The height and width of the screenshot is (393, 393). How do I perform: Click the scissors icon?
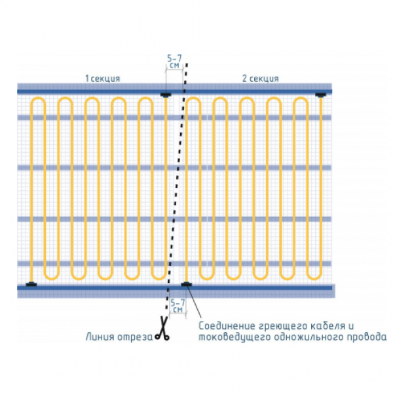pyautogui.click(x=162, y=328)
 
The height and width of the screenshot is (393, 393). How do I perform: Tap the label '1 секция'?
pyautogui.click(x=103, y=79)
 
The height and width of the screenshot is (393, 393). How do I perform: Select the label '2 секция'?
pyautogui.click(x=261, y=79)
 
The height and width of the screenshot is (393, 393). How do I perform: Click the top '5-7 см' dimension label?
pyautogui.click(x=174, y=62)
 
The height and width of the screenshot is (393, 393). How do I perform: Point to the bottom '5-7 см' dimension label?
pyautogui.click(x=178, y=306)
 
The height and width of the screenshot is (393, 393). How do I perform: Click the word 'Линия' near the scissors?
pyautogui.click(x=100, y=337)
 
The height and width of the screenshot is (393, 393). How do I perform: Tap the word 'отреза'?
pyautogui.click(x=135, y=337)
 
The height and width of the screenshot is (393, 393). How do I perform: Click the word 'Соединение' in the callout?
pyautogui.click(x=227, y=326)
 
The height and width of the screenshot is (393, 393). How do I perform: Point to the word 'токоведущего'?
pyautogui.click(x=235, y=337)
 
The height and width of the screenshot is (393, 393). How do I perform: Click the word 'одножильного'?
pyautogui.click(x=309, y=337)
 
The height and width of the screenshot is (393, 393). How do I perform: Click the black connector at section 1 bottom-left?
pyautogui.click(x=31, y=284)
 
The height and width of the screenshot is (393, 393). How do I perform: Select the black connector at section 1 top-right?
pyautogui.click(x=166, y=95)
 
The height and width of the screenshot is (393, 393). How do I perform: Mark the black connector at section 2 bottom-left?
pyautogui.click(x=186, y=284)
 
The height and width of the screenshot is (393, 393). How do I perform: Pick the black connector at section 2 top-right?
pyautogui.click(x=320, y=95)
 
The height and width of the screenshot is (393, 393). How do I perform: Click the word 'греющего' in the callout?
pyautogui.click(x=283, y=326)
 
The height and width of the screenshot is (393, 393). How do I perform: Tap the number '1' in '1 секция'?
pyautogui.click(x=87, y=79)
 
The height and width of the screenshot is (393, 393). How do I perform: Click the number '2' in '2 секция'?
pyautogui.click(x=244, y=79)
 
